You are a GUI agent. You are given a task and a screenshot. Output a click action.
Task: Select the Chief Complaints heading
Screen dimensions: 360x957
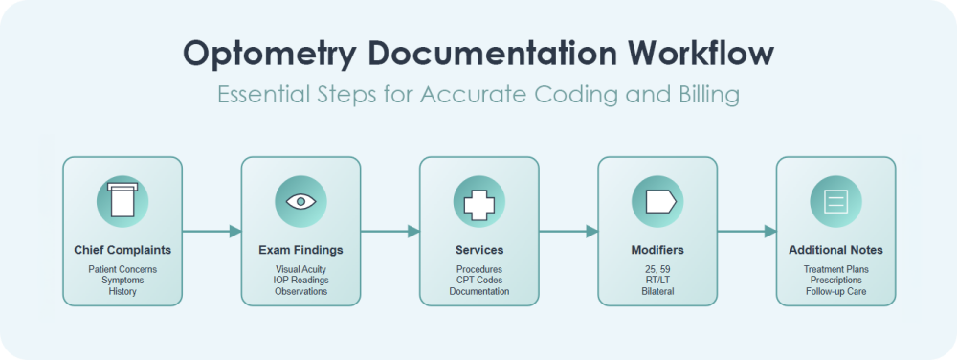122,250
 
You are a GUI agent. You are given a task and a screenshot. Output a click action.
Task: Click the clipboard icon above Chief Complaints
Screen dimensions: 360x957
122,201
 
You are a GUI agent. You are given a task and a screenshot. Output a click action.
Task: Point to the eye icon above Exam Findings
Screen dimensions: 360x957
300,201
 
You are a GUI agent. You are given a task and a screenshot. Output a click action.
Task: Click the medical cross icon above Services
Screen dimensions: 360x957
478,201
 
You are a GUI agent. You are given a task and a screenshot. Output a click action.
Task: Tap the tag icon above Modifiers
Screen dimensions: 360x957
657,201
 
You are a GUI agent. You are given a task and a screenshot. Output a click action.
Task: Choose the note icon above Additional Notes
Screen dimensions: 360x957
835,201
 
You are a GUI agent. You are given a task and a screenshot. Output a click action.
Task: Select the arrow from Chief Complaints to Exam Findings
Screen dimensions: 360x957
211,231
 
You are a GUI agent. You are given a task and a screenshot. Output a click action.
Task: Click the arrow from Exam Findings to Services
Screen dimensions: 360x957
389,231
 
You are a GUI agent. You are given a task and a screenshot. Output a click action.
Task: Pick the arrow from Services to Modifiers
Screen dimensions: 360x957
568,231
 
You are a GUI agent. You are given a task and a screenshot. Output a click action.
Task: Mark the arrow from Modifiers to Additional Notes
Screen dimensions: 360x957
746,231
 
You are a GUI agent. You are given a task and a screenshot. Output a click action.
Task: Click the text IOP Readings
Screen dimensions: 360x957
300,281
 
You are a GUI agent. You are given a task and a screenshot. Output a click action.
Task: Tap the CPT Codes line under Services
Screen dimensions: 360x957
478,281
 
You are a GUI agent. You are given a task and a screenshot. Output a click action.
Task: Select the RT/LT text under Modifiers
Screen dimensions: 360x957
657,281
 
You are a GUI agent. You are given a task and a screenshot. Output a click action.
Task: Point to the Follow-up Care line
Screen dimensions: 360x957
835,291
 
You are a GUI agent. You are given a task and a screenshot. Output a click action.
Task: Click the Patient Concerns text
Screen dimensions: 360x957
122,270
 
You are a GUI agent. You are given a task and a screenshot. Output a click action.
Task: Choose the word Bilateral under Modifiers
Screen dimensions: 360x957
657,291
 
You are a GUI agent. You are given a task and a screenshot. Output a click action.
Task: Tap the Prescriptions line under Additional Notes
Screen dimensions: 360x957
835,281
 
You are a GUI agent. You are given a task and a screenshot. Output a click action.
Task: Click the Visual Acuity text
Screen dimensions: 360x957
300,270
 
